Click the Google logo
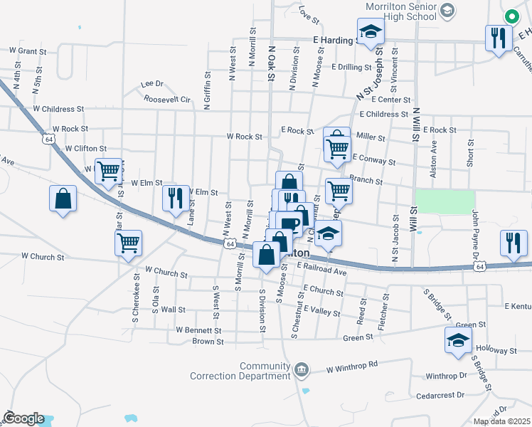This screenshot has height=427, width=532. pyautogui.click(x=23, y=418)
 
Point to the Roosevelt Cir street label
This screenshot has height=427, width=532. pyautogui.click(x=167, y=100)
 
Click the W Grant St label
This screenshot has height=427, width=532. pyautogui.click(x=28, y=51)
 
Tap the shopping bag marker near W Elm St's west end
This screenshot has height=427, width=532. pyautogui.click(x=63, y=199)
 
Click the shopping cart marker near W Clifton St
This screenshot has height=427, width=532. pyautogui.click(x=108, y=171)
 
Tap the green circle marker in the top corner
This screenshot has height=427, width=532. pyautogui.click(x=511, y=16)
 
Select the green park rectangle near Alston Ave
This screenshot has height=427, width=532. pyautogui.click(x=445, y=201)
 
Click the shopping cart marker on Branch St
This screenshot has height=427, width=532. pyautogui.click(x=339, y=190)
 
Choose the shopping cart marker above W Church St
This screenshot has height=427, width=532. pyautogui.click(x=128, y=242)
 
